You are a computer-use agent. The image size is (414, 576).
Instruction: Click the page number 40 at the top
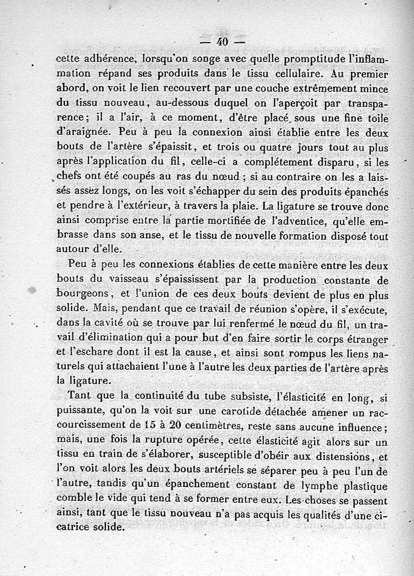224,42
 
